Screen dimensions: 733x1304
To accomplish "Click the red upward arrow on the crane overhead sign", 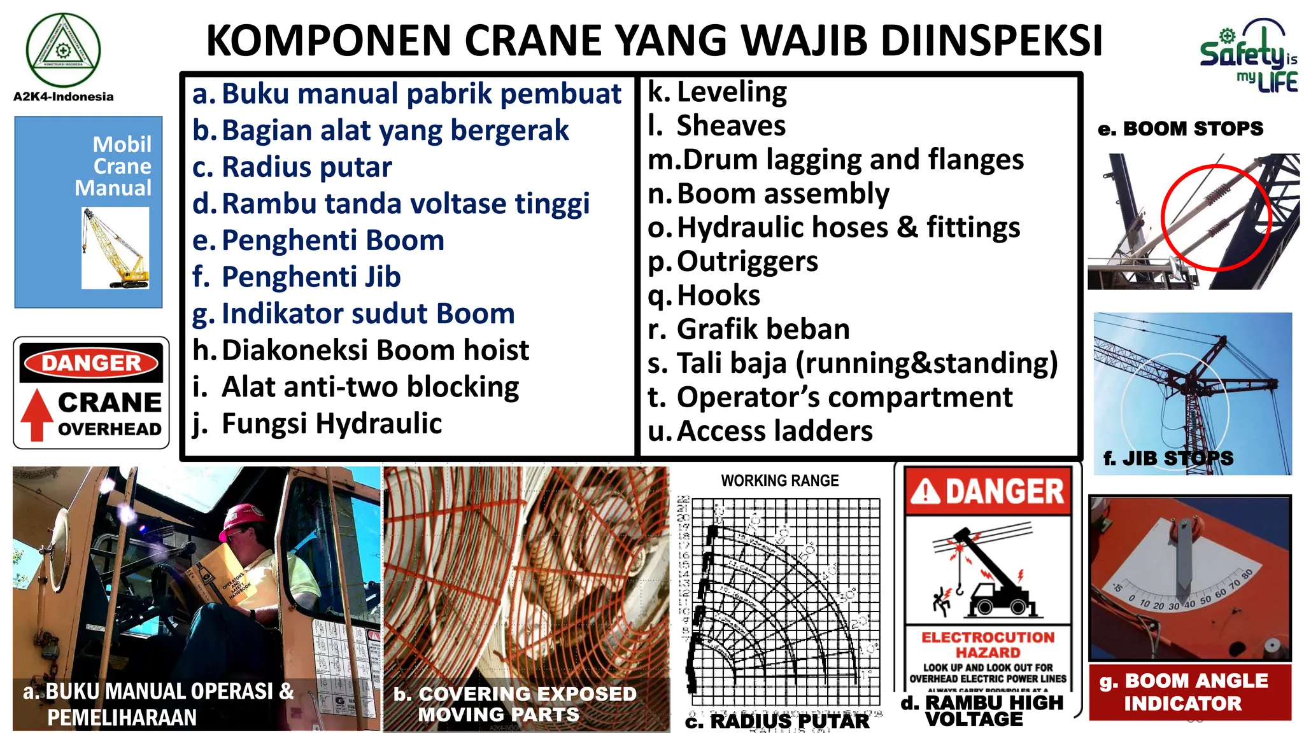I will pyautogui.click(x=37, y=414).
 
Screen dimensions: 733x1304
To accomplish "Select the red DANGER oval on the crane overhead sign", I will pyautogui.click(x=91, y=363).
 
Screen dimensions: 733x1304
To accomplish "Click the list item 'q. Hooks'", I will pyautogui.click(x=704, y=295).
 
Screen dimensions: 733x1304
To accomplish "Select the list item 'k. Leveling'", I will pyautogui.click(x=718, y=92).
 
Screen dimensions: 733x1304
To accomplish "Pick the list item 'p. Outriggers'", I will pyautogui.click(x=733, y=262).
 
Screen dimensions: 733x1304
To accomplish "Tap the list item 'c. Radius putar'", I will pyautogui.click(x=292, y=167).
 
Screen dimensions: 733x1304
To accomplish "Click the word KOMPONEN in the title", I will pyautogui.click(x=329, y=41).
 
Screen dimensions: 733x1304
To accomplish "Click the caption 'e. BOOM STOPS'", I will pyautogui.click(x=1180, y=129).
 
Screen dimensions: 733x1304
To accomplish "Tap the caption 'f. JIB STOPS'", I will pyautogui.click(x=1168, y=458).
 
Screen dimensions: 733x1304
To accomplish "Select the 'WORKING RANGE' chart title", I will pyautogui.click(x=779, y=481).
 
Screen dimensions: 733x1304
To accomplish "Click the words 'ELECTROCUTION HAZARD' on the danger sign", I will pyautogui.click(x=988, y=645).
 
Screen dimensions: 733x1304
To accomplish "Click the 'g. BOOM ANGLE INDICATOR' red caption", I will pyautogui.click(x=1184, y=692).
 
